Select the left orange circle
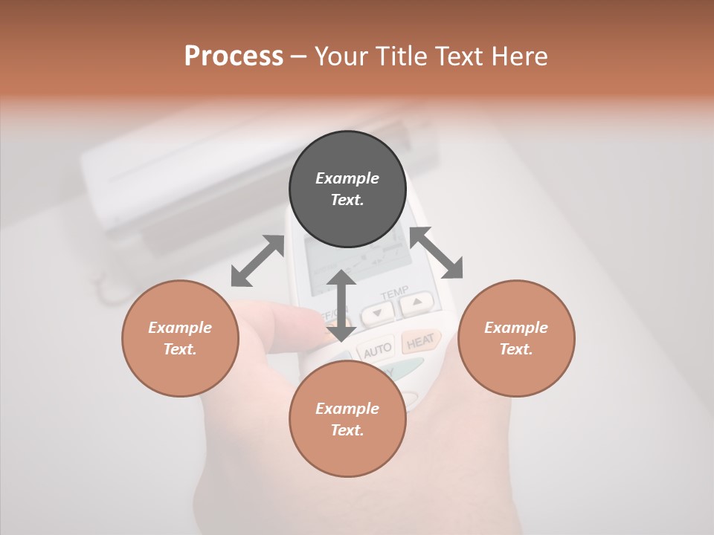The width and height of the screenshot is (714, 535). click(x=180, y=338)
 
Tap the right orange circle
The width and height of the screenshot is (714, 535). click(x=516, y=338)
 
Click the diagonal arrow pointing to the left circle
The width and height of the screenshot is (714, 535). click(x=257, y=261)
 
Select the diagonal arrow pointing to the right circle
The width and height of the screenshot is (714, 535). click(x=437, y=253)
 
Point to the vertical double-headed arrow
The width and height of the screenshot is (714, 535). click(x=341, y=305)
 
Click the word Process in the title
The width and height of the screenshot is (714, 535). click(x=234, y=56)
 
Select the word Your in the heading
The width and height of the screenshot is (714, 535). click(x=340, y=56)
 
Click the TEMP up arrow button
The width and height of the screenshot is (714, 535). click(x=417, y=302)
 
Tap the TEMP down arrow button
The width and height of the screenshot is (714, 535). click(x=378, y=314)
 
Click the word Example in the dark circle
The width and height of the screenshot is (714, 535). click(x=347, y=178)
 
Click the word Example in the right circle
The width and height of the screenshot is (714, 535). click(x=516, y=328)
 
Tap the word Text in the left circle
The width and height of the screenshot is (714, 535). click(x=180, y=349)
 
